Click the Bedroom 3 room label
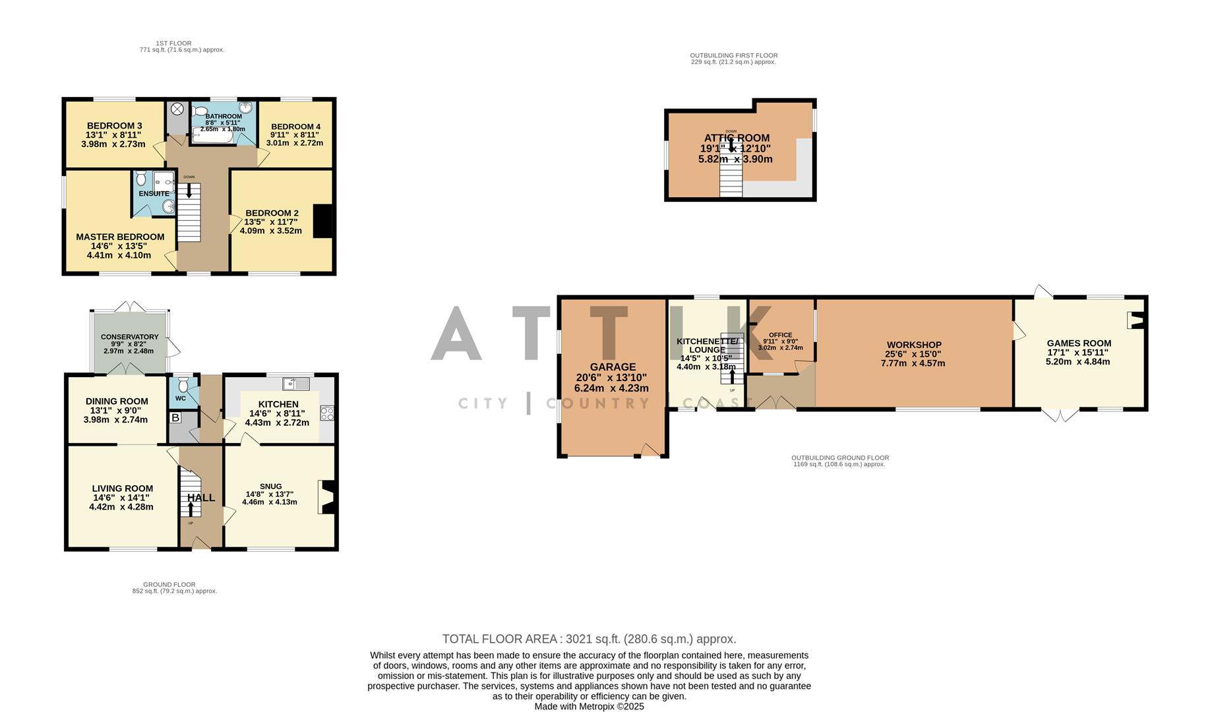pyautogui.click(x=114, y=126)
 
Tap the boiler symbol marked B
pyautogui.click(x=175, y=418)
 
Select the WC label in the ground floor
pyautogui.click(x=181, y=398)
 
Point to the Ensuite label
pyautogui.click(x=154, y=194)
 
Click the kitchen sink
pyautogui.click(x=297, y=384)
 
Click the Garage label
pyautogui.click(x=613, y=367)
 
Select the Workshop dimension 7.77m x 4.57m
pyautogui.click(x=913, y=363)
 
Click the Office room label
pyautogui.click(x=781, y=335)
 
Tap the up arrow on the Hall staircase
pyautogui.click(x=191, y=509)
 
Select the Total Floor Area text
pyautogui.click(x=589, y=639)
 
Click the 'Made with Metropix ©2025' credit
pyautogui.click(x=589, y=706)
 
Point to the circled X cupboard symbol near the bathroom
pyautogui.click(x=177, y=110)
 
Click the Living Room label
pyautogui.click(x=123, y=489)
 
